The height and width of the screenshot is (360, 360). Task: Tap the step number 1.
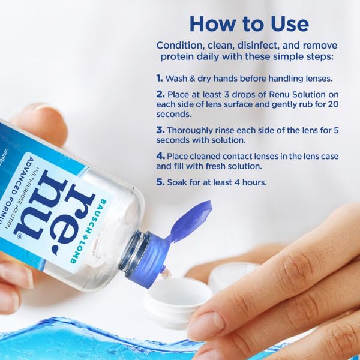click(160, 79)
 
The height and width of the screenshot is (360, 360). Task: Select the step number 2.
click(160, 94)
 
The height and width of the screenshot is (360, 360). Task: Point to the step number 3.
click(160, 129)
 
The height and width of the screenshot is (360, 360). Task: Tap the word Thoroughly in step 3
click(194, 129)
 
